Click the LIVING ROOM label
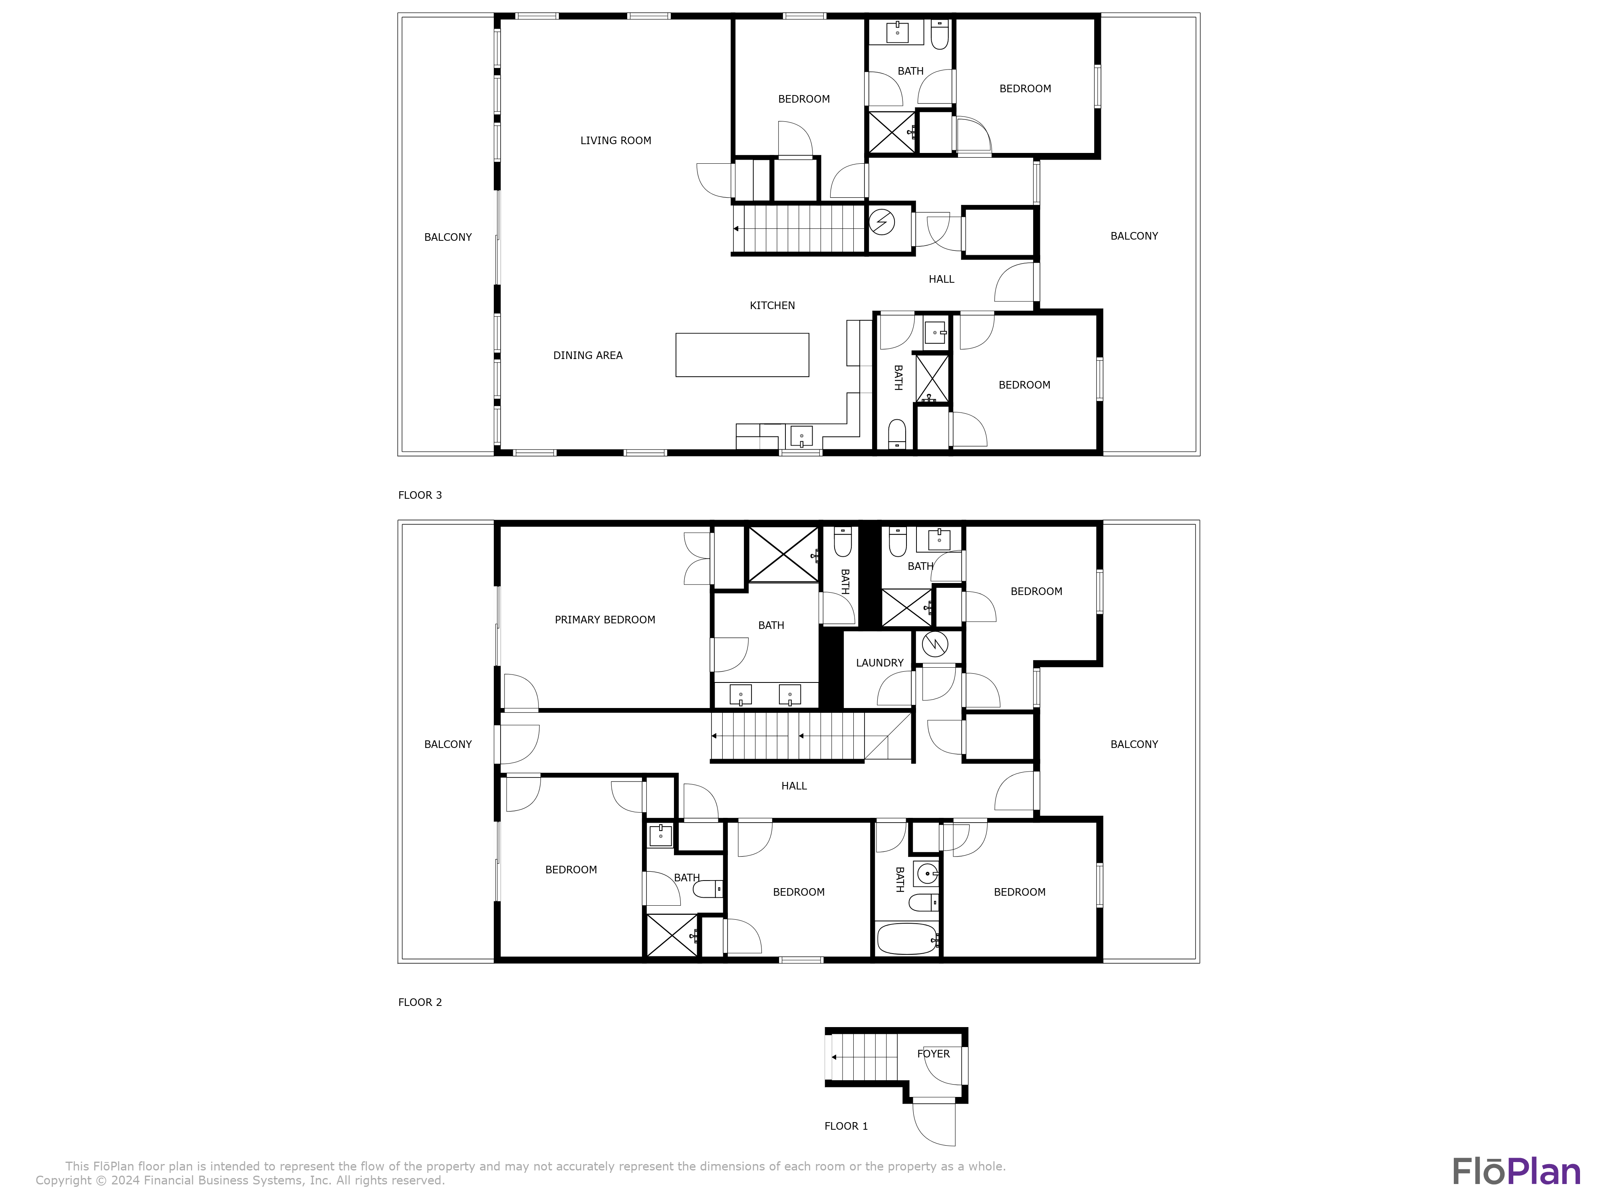616,141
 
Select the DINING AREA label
587,355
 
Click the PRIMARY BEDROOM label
605,620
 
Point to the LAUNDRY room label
879,663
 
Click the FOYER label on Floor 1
933,1053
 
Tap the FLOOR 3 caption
420,496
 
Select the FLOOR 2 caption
420,1002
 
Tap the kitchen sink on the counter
801,437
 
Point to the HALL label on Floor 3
941,280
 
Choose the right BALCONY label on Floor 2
1133,744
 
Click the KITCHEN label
772,305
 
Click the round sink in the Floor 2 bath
927,873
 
